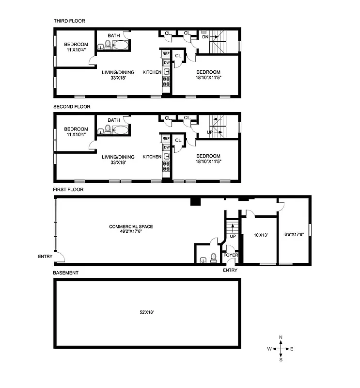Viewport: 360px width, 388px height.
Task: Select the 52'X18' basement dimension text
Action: [146, 312]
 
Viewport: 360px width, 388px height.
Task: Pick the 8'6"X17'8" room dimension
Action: [294, 236]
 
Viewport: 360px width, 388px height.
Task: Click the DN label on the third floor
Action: [205, 36]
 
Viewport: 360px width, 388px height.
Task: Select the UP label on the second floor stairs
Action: [210, 132]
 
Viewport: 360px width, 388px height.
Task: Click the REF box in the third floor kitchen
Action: [166, 54]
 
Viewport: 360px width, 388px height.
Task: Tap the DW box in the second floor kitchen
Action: [166, 147]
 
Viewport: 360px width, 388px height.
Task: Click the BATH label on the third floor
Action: [114, 35]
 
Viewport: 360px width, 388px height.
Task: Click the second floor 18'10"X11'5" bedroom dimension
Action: [208, 162]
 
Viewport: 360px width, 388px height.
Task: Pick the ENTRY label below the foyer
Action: [230, 270]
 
